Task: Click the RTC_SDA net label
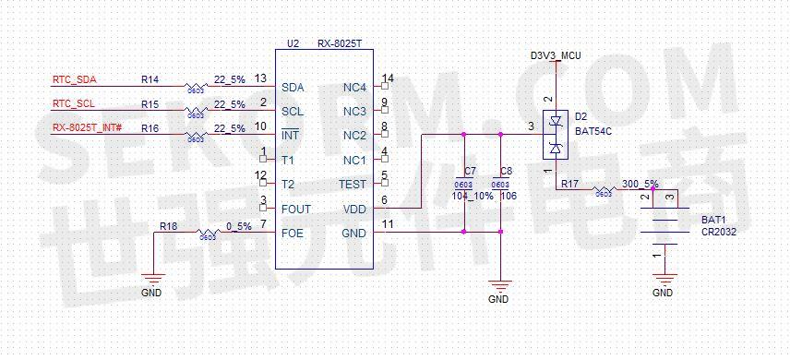74,79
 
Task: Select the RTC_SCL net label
74,103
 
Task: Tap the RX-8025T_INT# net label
88,128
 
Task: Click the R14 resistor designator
150,79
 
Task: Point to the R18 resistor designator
168,226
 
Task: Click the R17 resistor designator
569,185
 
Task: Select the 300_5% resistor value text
640,184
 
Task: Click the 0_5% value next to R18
238,226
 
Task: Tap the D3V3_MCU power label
556,56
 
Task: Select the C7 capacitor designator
471,172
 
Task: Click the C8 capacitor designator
505,172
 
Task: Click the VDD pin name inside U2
354,210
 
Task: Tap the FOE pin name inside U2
293,234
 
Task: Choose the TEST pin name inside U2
352,185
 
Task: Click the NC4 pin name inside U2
354,87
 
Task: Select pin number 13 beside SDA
260,78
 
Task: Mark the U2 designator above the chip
293,43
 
